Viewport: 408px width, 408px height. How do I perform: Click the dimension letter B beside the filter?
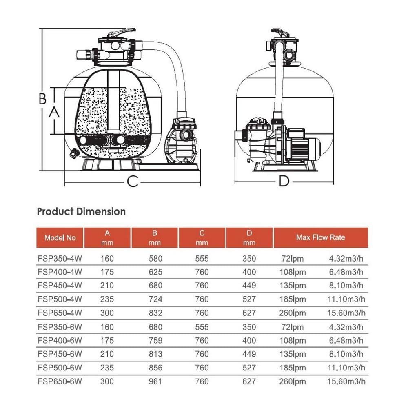point(42,99)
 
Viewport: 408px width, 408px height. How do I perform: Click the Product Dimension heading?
point(81,212)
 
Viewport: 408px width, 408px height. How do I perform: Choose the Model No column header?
point(60,238)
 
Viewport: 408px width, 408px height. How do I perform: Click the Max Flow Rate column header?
point(320,237)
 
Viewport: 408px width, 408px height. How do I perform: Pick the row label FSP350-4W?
point(59,259)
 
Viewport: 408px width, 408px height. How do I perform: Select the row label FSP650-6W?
point(59,382)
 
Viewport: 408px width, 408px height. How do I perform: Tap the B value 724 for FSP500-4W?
point(155,299)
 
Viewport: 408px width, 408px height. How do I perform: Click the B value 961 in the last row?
point(155,382)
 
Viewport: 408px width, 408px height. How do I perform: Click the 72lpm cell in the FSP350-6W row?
point(293,327)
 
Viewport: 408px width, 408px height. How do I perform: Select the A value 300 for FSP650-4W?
point(107,313)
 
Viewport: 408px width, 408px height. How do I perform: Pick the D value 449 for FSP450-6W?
point(249,355)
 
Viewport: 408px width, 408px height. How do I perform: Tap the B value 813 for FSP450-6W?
point(155,355)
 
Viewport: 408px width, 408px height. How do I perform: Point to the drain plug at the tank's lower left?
point(74,153)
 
